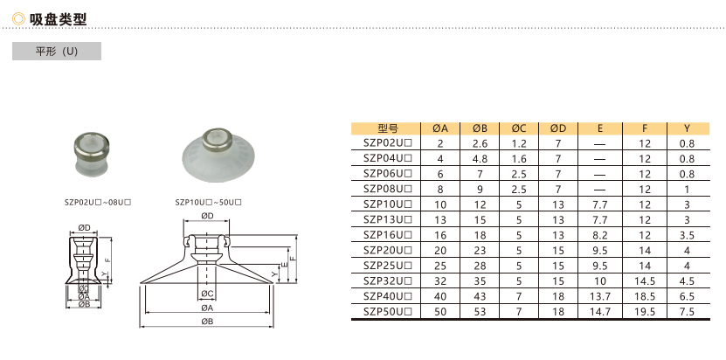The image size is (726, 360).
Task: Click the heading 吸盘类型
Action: (x=58, y=19)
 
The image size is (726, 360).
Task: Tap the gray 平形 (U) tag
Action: (x=57, y=51)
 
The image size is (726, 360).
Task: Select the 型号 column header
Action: (x=388, y=128)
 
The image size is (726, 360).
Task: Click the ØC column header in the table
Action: (x=519, y=128)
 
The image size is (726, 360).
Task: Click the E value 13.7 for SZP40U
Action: (x=600, y=296)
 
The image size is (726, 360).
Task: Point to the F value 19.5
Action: (x=645, y=311)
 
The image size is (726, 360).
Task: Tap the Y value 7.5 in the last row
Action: (x=687, y=311)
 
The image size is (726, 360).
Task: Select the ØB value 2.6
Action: (x=481, y=143)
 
